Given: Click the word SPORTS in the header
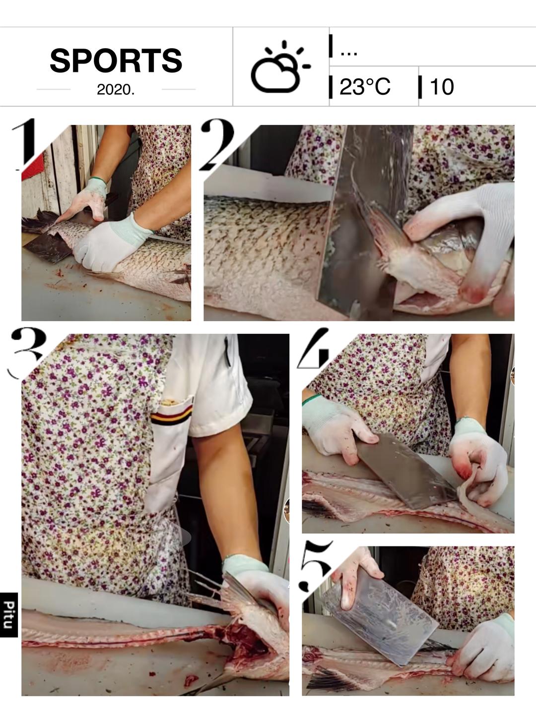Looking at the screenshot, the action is click(x=116, y=60).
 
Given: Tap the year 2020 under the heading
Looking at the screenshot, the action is click(x=116, y=89).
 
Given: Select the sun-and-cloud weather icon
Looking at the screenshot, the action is click(x=280, y=66).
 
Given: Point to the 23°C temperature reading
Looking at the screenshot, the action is click(x=364, y=87).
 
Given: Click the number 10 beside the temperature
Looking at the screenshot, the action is click(x=442, y=87).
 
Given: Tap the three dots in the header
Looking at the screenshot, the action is click(x=348, y=54).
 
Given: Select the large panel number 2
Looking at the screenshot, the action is click(x=217, y=144).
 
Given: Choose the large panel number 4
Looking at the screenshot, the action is click(x=313, y=348).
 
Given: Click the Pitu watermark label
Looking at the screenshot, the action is click(x=8, y=615).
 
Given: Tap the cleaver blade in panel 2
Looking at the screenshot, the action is click(x=361, y=221).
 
